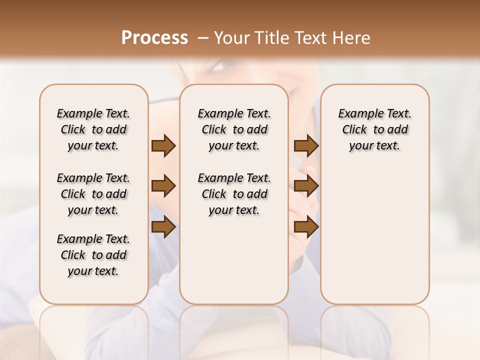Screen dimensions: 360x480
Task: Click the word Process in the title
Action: pos(154,37)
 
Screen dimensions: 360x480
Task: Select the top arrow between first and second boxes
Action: pos(163,145)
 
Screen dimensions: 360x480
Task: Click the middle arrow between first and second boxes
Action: pos(163,186)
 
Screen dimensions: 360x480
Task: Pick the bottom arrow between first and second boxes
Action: pos(163,227)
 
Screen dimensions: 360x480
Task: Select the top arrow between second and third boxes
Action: pos(306,145)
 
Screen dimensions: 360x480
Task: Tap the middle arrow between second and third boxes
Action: pos(306,186)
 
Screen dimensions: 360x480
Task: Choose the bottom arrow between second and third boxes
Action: pos(306,227)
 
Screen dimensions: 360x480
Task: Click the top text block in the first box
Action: pos(93,129)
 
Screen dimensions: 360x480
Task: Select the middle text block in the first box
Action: pos(93,194)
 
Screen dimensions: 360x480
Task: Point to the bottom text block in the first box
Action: pos(93,255)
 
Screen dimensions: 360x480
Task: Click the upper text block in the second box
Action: pos(234,129)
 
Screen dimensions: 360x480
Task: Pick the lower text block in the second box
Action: pos(234,194)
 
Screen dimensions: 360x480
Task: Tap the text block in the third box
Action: pos(374,129)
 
